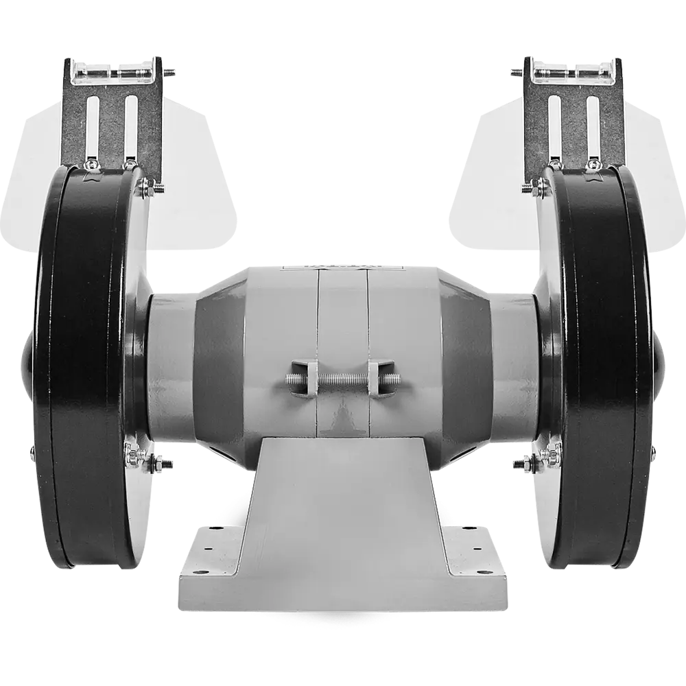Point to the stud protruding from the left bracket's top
[171, 71]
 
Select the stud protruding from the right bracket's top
[516, 71]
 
